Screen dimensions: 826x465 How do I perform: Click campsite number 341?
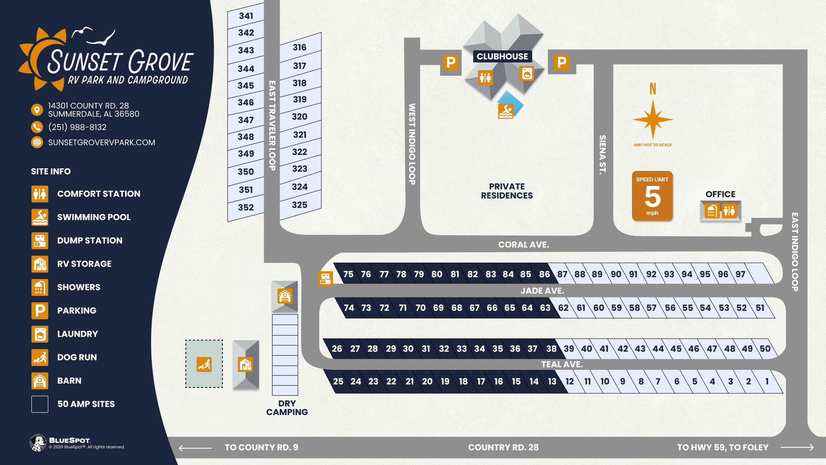coord(246,16)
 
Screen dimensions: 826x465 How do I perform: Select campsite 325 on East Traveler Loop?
coord(299,205)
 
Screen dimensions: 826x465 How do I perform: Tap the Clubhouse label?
coord(502,56)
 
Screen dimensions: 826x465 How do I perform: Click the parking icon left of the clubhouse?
coord(450,63)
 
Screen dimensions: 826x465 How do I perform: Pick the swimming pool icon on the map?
coord(505,111)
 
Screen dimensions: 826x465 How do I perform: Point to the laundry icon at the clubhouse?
coord(527,74)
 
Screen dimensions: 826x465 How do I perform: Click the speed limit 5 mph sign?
coord(652,196)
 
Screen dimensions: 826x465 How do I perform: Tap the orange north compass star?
coord(653,119)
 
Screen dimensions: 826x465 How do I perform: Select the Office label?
coord(720,194)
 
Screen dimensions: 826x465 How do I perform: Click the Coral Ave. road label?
coord(524,245)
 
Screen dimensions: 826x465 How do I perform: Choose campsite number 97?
coord(740,274)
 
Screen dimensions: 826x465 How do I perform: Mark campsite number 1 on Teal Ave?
coord(767,381)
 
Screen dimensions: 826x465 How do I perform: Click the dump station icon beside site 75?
coord(326,279)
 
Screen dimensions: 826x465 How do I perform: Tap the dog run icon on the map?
coord(204,364)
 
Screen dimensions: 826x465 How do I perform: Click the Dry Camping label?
coord(287,408)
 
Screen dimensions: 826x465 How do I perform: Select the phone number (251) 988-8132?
coord(77,127)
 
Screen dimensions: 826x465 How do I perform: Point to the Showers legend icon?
coord(40,287)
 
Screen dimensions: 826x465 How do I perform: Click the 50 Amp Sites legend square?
coord(40,404)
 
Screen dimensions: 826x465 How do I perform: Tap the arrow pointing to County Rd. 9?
coord(195,448)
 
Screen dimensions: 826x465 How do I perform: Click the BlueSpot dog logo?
coord(38,443)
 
